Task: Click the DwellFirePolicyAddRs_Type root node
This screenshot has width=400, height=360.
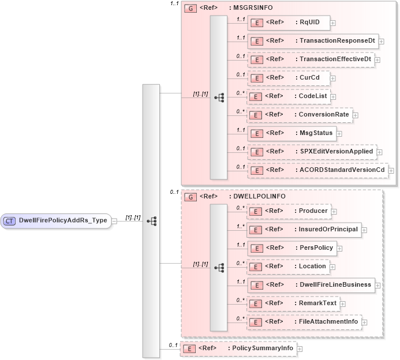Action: point(55,220)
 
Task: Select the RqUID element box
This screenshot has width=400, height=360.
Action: point(288,23)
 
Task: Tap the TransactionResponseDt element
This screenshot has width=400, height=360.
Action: point(312,41)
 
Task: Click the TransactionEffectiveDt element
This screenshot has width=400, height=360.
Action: point(311,59)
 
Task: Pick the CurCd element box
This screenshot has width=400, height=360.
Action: point(288,77)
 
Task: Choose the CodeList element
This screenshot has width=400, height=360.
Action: point(288,96)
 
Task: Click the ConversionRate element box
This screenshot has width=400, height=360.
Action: point(299,114)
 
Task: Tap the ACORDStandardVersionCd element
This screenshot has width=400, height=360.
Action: point(317,170)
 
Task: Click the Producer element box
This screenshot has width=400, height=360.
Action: point(289,211)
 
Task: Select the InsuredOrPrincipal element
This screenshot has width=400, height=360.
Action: point(304,230)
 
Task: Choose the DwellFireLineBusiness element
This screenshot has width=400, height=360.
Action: point(311,284)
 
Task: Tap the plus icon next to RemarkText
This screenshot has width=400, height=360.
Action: point(342,303)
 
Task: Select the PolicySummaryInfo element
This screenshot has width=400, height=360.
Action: point(238,348)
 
